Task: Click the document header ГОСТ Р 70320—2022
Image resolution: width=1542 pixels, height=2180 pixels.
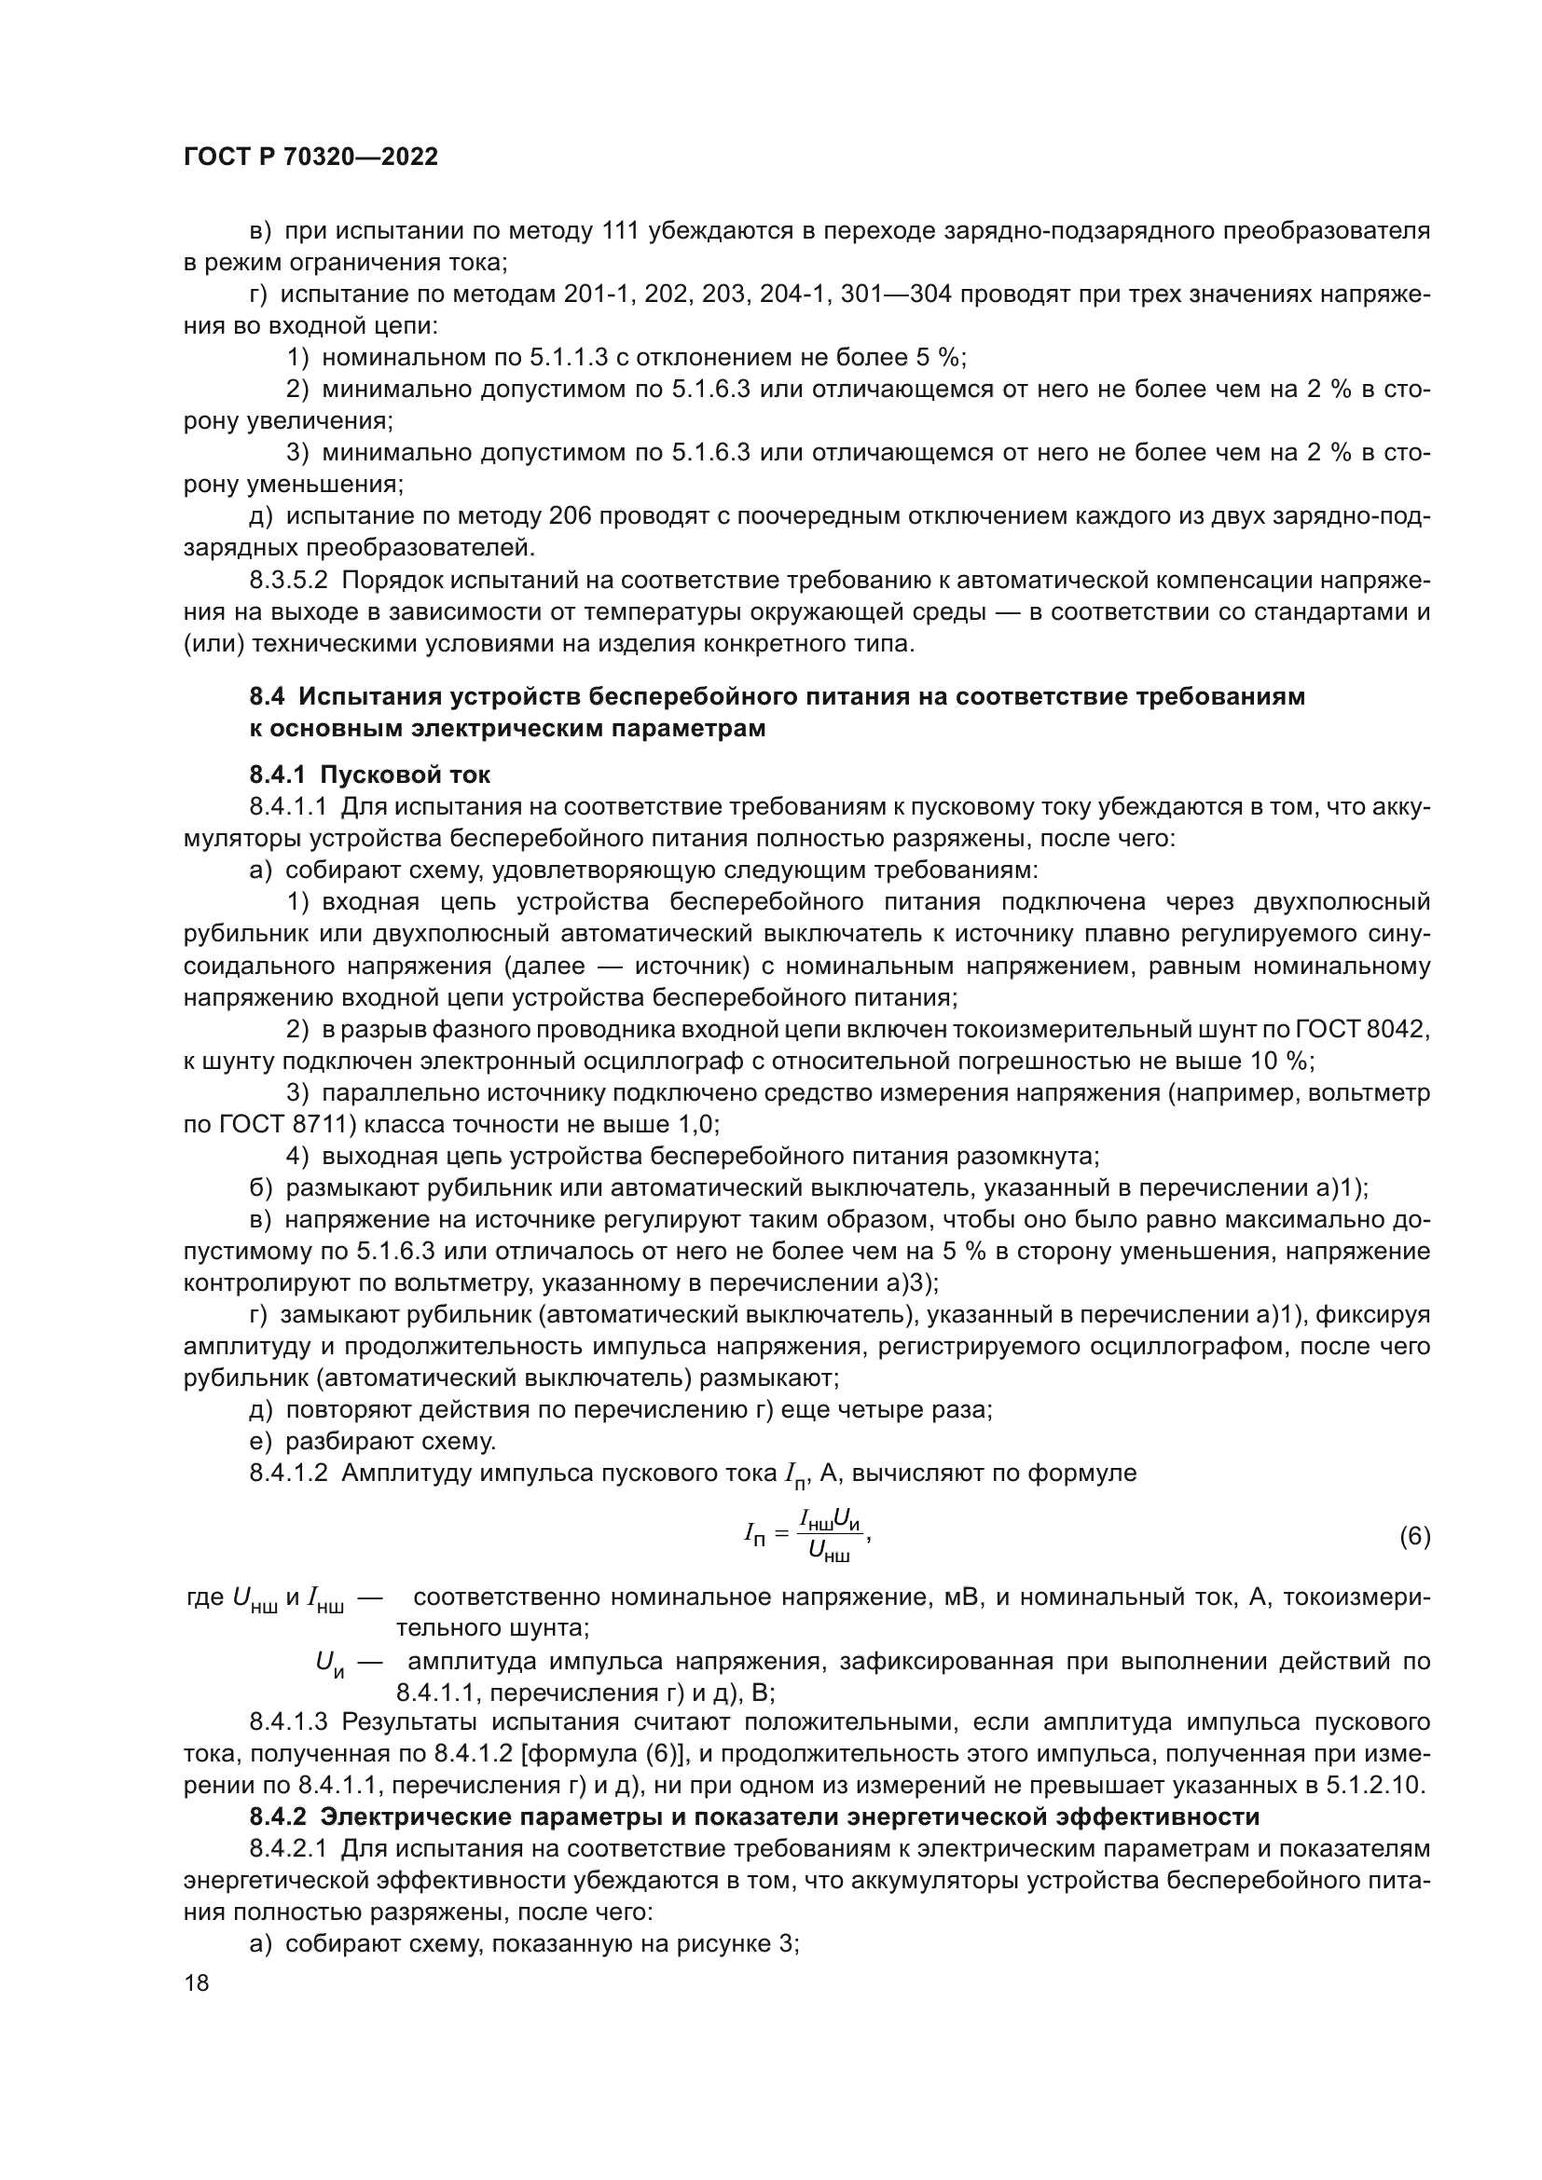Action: coord(310,158)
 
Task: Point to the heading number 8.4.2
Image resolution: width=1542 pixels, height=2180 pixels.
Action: coord(279,1817)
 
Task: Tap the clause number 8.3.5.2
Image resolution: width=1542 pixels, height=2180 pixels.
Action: coord(289,579)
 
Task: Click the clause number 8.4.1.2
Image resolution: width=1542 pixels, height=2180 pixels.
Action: coord(289,1474)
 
